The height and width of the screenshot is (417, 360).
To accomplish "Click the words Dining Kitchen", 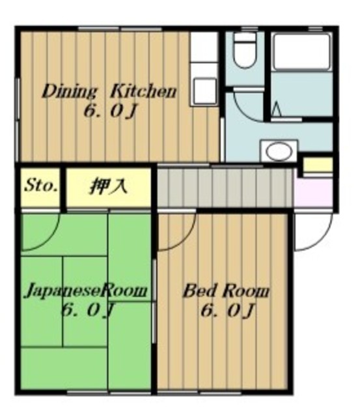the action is click(109, 92).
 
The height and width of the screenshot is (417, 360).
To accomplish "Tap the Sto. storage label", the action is click(41, 186).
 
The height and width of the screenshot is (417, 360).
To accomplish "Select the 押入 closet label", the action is click(109, 186).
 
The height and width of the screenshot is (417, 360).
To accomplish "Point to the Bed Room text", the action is click(226, 291).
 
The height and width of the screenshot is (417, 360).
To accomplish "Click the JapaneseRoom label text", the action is click(85, 291).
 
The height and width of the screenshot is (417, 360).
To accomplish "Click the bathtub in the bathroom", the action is click(302, 51).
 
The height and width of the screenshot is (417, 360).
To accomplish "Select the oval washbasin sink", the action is click(279, 151).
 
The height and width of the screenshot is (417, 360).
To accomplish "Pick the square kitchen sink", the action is click(204, 90).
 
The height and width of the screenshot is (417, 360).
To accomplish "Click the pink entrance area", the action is click(314, 192).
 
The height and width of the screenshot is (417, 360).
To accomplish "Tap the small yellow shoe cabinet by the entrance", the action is click(318, 165).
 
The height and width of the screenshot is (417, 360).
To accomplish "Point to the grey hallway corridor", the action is click(226, 188).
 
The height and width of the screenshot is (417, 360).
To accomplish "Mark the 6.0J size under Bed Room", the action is click(228, 311).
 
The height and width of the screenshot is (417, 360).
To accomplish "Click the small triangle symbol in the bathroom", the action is click(277, 109).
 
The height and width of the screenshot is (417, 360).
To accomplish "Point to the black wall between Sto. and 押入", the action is click(62, 188).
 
